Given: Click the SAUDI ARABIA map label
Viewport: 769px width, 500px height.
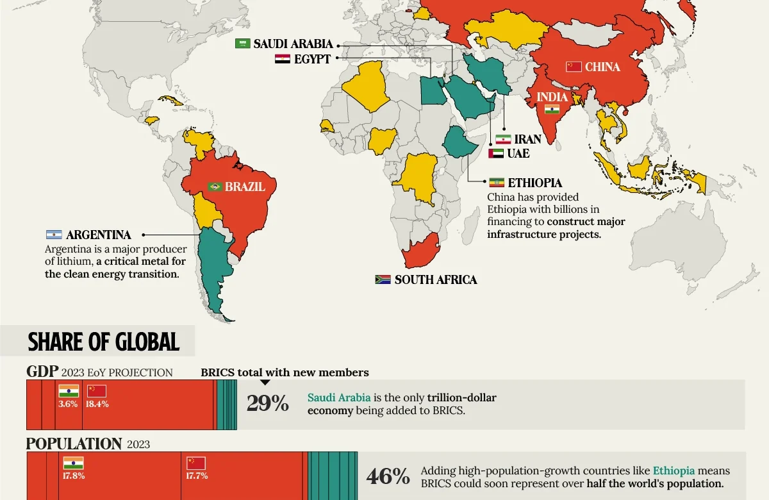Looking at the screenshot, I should (x=293, y=44).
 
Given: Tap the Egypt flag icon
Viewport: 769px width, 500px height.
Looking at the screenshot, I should (x=282, y=59).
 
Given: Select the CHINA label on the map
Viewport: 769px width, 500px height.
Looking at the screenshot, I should (x=602, y=67).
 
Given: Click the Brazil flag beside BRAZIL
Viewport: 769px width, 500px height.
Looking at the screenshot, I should (x=215, y=187).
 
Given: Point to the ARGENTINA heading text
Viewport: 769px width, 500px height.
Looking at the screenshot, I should (x=98, y=235).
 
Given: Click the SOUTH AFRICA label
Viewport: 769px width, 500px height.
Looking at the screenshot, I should (x=436, y=280).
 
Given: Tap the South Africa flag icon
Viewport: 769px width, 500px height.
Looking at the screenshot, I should (x=383, y=279).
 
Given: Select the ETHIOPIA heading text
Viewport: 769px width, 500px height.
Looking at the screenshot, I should (x=535, y=183).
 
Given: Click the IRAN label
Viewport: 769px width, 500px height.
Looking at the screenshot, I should (x=527, y=139).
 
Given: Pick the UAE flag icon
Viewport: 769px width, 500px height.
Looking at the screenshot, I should (x=495, y=154).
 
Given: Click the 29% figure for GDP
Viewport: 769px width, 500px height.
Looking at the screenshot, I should (x=268, y=404).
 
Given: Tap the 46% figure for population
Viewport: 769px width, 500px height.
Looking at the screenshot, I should (x=388, y=477).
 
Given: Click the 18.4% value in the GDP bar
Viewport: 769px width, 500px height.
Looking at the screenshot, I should (x=97, y=404).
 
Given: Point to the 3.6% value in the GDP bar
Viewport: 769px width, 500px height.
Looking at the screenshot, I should (x=68, y=404).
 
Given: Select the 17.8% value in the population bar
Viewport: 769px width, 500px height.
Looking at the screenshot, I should (x=74, y=476).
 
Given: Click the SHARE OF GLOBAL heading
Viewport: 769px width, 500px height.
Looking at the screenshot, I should (x=103, y=342).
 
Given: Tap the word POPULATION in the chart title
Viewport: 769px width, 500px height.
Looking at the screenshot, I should (x=74, y=444).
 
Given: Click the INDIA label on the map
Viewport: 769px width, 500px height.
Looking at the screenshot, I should (x=552, y=97).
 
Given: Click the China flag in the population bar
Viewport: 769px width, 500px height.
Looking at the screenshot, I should (x=195, y=463).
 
